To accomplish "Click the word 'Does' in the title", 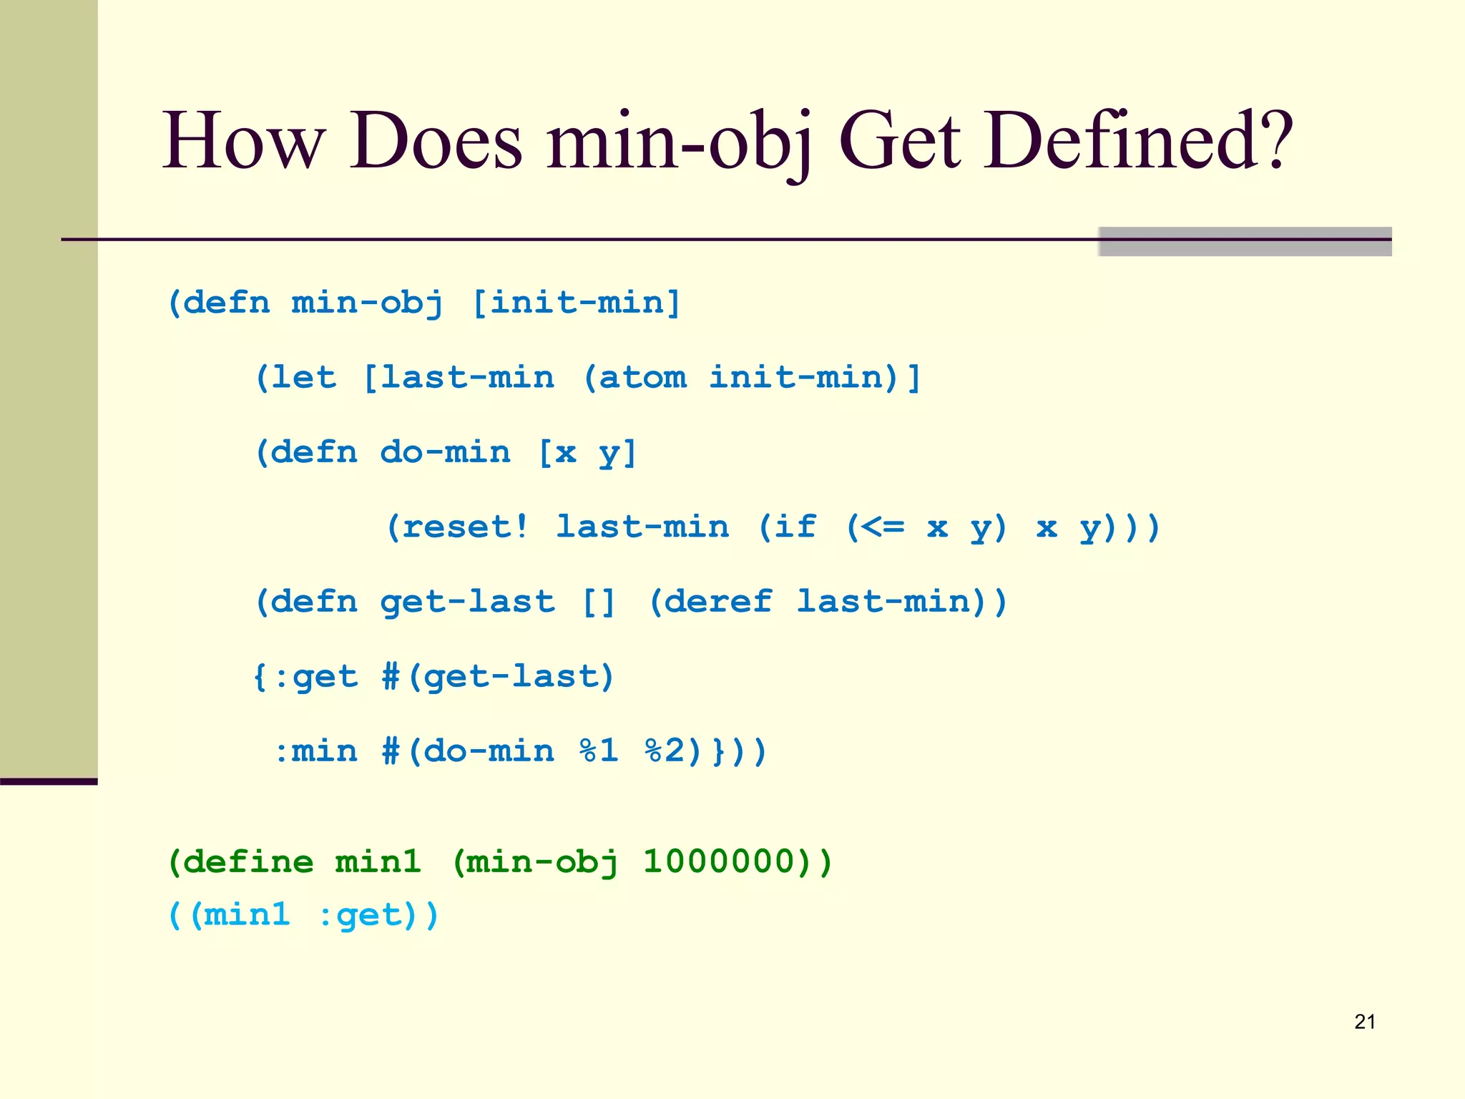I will click(x=436, y=141).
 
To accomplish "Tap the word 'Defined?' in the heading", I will click(x=1138, y=141).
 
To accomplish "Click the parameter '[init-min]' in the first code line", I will click(x=577, y=303).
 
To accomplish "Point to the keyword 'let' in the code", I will click(x=304, y=377).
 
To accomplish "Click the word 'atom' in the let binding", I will click(x=642, y=377).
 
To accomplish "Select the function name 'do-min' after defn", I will click(x=445, y=452).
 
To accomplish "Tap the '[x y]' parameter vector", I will click(x=587, y=452).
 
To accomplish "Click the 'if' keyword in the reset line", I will click(x=795, y=527).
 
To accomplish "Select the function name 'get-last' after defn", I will click(x=467, y=602).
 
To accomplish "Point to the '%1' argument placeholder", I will click(x=598, y=751).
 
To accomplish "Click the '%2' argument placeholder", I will click(x=664, y=751).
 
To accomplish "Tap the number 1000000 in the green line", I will click(x=719, y=861).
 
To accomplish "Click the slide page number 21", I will click(x=1365, y=1022).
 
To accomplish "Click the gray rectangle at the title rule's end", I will click(x=1245, y=241).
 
